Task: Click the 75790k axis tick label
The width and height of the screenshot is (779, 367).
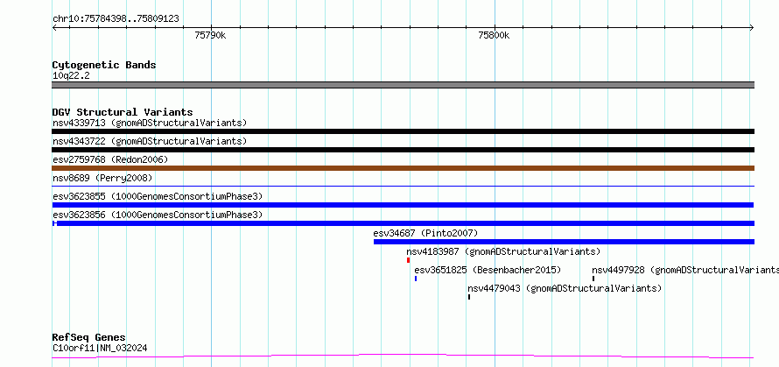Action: click(211, 36)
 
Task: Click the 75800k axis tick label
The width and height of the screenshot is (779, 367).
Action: click(494, 36)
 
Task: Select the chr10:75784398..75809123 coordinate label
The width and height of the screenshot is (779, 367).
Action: click(116, 19)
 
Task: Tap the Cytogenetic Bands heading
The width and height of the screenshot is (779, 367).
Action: click(104, 65)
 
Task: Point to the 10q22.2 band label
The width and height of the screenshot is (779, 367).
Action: click(71, 76)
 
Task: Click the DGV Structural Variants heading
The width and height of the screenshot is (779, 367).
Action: click(123, 112)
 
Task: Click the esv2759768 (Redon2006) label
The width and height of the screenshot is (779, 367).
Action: click(110, 159)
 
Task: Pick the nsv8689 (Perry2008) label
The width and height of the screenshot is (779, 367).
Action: click(102, 178)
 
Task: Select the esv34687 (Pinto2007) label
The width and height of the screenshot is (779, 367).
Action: click(425, 233)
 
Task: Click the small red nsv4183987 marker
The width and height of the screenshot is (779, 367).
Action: click(409, 260)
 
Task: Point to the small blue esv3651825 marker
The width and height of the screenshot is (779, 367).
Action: click(416, 279)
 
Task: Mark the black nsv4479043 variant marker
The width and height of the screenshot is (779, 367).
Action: click(469, 297)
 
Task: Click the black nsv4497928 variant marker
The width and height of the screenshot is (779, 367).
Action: click(593, 279)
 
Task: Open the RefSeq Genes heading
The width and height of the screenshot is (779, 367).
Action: click(89, 338)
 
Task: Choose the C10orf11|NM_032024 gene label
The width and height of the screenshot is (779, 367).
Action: click(100, 349)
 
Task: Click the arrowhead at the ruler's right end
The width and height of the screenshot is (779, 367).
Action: click(752, 28)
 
